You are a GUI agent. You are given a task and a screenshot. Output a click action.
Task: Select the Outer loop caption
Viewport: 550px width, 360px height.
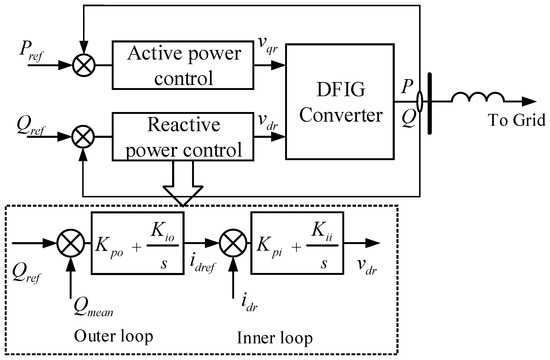coord(103,332)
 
